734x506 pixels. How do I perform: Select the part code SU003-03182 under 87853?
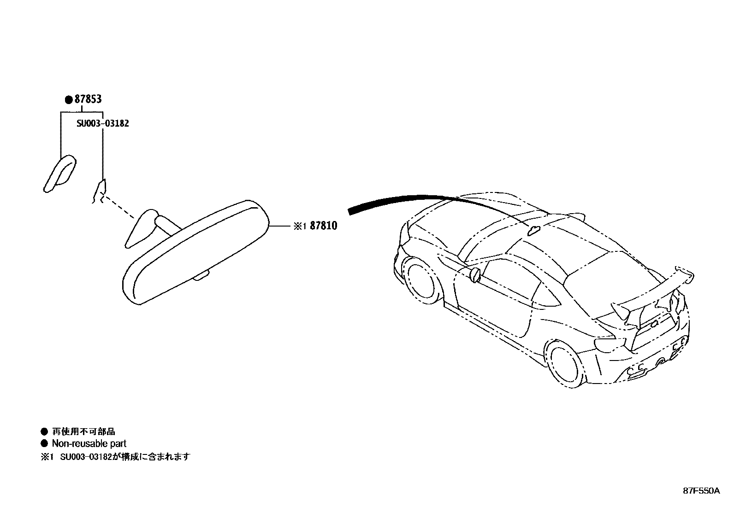point(103,123)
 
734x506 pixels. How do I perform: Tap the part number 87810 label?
point(323,226)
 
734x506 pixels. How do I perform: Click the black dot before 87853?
point(68,99)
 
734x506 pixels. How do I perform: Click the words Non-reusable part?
point(89,444)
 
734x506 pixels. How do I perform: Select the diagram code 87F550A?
point(701,491)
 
